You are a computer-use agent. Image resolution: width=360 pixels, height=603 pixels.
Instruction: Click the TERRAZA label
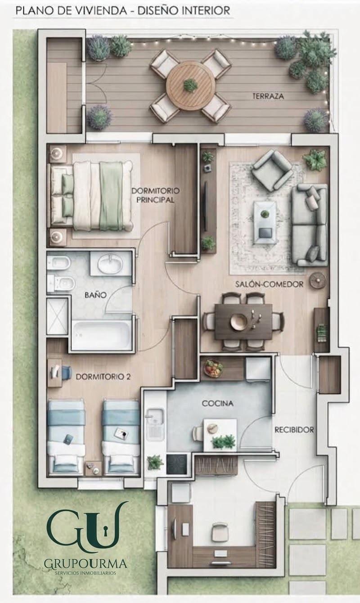pos(268,96)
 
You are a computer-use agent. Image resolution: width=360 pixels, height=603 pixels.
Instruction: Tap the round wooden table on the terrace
pos(191,85)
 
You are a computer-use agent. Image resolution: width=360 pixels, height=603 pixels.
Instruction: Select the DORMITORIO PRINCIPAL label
pos(155,195)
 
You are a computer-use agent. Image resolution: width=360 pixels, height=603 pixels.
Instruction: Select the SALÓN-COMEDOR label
pos(269,284)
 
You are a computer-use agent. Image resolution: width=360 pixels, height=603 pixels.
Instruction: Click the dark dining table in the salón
pos(243,322)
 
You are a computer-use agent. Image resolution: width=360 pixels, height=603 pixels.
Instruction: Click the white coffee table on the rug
pos(265,223)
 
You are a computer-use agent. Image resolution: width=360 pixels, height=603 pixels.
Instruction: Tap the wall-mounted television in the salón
pos(206,206)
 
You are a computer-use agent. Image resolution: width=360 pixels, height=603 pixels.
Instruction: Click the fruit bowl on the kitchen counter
pos(213,368)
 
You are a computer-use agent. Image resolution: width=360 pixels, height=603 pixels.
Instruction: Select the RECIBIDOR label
pos(294,430)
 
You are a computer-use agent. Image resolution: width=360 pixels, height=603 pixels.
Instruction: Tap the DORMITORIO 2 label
pos(103,377)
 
